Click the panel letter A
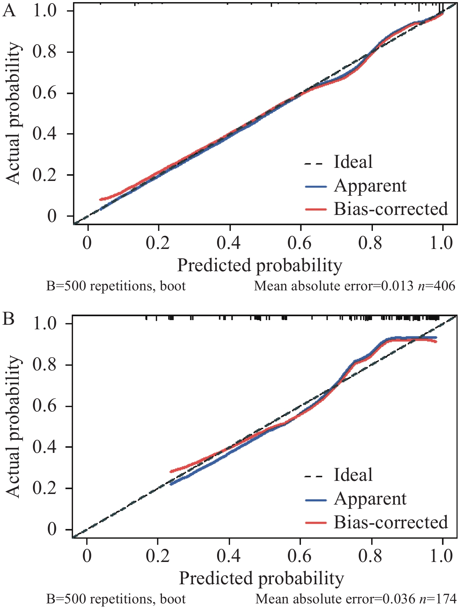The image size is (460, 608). pyautogui.click(x=9, y=11)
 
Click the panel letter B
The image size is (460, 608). pyautogui.click(x=9, y=318)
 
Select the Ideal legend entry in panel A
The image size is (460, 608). pyautogui.click(x=353, y=162)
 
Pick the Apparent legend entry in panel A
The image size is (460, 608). pyautogui.click(x=370, y=186)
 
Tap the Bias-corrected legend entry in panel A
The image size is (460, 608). pyautogui.click(x=391, y=209)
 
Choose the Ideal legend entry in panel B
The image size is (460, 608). pyautogui.click(x=353, y=475)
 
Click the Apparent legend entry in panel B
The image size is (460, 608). pyautogui.click(x=370, y=499)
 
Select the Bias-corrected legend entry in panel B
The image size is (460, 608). pyautogui.click(x=391, y=522)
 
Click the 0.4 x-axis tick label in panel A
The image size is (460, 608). pyautogui.click(x=229, y=243)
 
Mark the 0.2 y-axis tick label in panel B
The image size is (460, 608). pyautogui.click(x=44, y=488)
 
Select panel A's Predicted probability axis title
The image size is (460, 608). pyautogui.click(x=260, y=265)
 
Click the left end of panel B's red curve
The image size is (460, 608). pyautogui.click(x=171, y=472)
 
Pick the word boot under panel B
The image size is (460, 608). pyautogui.click(x=172, y=599)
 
